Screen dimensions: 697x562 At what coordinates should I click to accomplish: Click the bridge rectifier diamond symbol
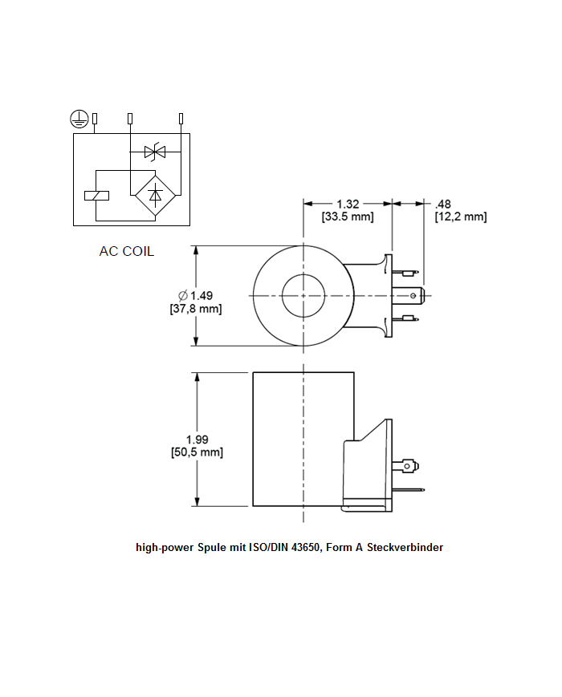[155, 194]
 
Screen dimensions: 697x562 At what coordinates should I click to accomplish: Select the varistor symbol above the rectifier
[154, 151]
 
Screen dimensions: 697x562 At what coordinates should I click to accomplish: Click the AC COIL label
[126, 251]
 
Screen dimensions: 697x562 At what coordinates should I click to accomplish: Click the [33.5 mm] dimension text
[348, 217]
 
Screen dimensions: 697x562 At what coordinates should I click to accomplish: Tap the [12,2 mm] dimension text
[460, 217]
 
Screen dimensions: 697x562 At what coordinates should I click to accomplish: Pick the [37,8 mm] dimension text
[196, 309]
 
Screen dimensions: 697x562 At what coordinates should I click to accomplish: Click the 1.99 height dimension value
[197, 439]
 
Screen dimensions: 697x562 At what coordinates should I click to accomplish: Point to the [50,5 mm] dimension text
[197, 452]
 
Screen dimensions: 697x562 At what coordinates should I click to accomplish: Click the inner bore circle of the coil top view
[303, 296]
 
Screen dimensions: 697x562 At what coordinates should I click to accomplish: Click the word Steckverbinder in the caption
[405, 548]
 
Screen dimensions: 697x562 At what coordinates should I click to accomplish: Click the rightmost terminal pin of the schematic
[181, 120]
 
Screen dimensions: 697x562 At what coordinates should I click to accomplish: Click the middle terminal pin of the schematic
[130, 120]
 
